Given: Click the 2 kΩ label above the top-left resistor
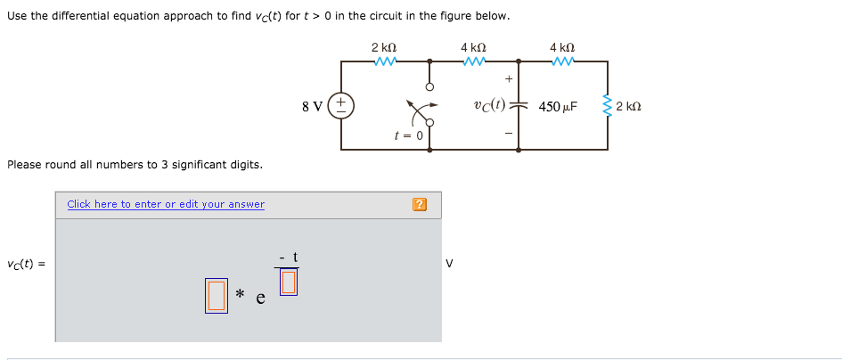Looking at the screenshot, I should (384, 46).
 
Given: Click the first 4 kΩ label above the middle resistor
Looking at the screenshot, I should (473, 46).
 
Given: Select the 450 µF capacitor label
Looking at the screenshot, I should (559, 107).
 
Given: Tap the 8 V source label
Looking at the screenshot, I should (313, 107).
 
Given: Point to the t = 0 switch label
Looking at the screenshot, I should (408, 135).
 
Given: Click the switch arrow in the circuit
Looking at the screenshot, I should (418, 112).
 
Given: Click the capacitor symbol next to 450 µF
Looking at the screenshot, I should (519, 106).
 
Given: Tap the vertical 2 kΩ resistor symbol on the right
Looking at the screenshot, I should (608, 106).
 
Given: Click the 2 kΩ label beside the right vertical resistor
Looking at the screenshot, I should (628, 107).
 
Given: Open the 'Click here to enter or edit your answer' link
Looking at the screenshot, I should (166, 204).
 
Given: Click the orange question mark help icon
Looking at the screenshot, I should (421, 205).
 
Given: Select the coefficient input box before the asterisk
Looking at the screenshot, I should (217, 296).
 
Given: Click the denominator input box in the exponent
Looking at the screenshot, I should (288, 282).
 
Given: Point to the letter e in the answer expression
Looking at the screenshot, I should (260, 299).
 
